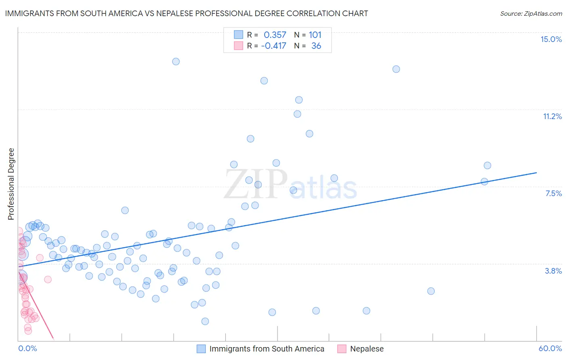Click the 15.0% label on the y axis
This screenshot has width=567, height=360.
coord(551,39)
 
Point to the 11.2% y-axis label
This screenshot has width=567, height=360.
coord(552,116)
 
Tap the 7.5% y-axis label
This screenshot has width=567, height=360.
coord(553,193)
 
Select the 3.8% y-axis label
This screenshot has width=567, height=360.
coord(553,271)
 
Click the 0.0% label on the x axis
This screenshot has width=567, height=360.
coord(27,348)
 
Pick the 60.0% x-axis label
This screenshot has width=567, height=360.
coord(550,348)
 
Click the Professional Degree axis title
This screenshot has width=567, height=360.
coord(11,184)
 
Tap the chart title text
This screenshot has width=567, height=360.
coord(186,13)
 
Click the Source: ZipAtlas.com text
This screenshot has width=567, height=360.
coord(531,13)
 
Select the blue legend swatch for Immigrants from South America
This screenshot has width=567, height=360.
coord(201,349)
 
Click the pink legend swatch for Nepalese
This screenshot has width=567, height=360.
coord(342,349)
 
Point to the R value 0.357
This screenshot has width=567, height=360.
coord(275,35)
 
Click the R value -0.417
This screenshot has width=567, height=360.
coord(273,46)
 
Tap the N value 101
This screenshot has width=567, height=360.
coord(315,35)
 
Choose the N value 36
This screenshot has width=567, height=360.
coord(316,46)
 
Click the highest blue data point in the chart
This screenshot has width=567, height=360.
coord(176,62)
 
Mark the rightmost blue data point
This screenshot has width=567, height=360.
coord(487,165)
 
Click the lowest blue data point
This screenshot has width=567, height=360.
coord(205,321)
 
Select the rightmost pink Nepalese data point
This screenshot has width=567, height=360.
coord(48,279)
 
